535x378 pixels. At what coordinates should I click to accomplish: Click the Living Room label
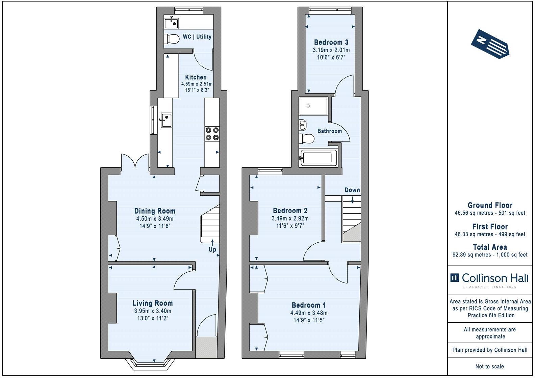[x=152, y=303]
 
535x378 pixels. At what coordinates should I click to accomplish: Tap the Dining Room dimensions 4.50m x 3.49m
[x=155, y=219]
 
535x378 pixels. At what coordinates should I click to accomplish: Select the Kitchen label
[x=196, y=77]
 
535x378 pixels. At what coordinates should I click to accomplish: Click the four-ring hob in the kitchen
[x=212, y=133]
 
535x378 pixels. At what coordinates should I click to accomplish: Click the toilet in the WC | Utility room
[x=172, y=39]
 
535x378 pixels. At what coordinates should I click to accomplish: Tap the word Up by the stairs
[x=212, y=250]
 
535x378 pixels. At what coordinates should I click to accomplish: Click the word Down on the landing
[x=352, y=190]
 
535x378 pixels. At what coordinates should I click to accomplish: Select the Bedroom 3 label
[x=331, y=43]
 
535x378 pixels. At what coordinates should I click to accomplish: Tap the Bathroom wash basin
[x=302, y=125]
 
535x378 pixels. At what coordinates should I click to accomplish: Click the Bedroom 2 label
[x=290, y=211]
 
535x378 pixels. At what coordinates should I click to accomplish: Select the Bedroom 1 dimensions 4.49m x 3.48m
[x=309, y=313]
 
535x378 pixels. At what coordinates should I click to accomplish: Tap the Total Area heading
[x=490, y=247]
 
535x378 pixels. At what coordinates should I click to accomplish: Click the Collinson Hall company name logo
[x=490, y=278]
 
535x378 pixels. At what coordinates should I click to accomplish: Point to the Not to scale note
[x=490, y=366]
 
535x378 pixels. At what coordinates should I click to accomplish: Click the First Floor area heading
[x=490, y=227]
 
